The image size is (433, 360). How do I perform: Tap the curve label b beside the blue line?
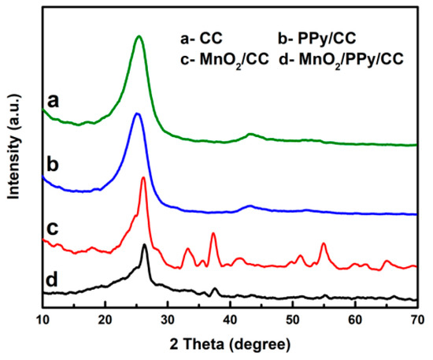54,166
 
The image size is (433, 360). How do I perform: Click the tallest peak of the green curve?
139,36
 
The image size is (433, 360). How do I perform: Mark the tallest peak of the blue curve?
137,114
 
